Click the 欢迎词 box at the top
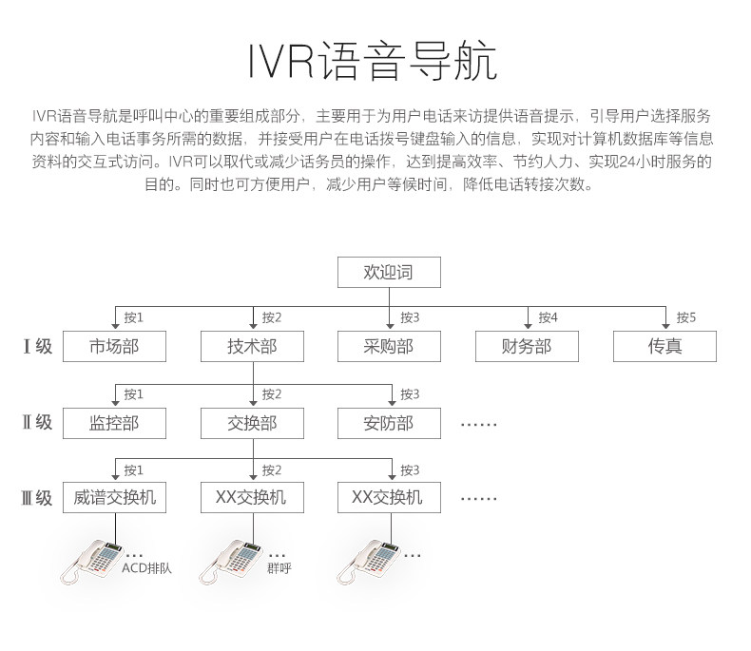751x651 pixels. (389, 272)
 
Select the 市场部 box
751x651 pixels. (114, 346)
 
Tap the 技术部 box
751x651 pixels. (253, 346)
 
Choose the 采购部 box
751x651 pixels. (389, 346)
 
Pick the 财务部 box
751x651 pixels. (527, 346)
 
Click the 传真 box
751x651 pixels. (664, 346)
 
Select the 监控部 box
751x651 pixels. (114, 423)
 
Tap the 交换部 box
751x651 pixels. (253, 423)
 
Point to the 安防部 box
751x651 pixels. (389, 423)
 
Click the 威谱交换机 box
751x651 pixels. (114, 497)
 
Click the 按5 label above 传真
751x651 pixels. (685, 317)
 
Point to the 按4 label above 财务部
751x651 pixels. (548, 317)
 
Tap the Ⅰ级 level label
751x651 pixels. (37, 346)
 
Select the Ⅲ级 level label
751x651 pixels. (36, 498)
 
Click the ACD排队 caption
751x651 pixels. (146, 568)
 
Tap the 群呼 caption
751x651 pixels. (279, 568)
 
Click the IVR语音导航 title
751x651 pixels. (373, 61)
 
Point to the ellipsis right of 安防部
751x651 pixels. (478, 425)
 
